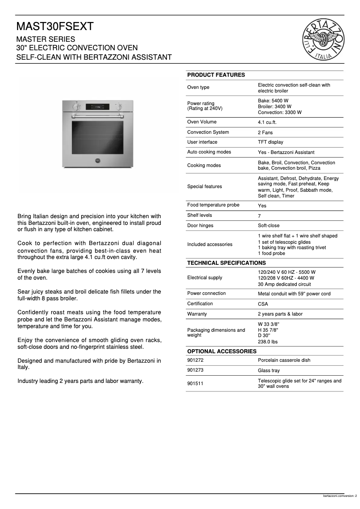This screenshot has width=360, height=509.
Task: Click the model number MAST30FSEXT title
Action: tap(55, 27)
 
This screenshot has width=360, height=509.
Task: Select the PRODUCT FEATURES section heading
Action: tap(216, 75)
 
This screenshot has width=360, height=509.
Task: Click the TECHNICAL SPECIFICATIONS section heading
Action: tap(226, 263)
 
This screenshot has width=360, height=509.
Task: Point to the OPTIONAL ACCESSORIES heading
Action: tap(222, 351)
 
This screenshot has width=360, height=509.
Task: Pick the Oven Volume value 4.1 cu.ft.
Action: tap(267, 123)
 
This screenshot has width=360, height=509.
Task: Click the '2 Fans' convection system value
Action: tap(265, 132)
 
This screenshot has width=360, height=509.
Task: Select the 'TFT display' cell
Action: tap(270, 142)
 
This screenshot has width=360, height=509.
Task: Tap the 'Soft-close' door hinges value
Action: tap(268, 226)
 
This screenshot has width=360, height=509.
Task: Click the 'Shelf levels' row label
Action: tap(199, 215)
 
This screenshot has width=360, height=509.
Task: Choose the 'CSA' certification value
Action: tap(263, 304)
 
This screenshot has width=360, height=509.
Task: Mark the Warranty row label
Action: tap(197, 314)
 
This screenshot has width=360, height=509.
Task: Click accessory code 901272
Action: tap(195, 360)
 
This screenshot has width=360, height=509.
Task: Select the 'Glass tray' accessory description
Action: tap(268, 371)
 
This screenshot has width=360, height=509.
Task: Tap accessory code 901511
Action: tap(195, 384)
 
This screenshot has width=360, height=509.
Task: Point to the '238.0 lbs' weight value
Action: tap(268, 342)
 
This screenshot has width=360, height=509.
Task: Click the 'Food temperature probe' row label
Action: tap(213, 205)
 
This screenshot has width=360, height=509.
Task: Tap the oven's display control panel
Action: tap(97, 107)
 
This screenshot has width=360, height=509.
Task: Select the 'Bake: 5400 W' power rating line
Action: tap(273, 101)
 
